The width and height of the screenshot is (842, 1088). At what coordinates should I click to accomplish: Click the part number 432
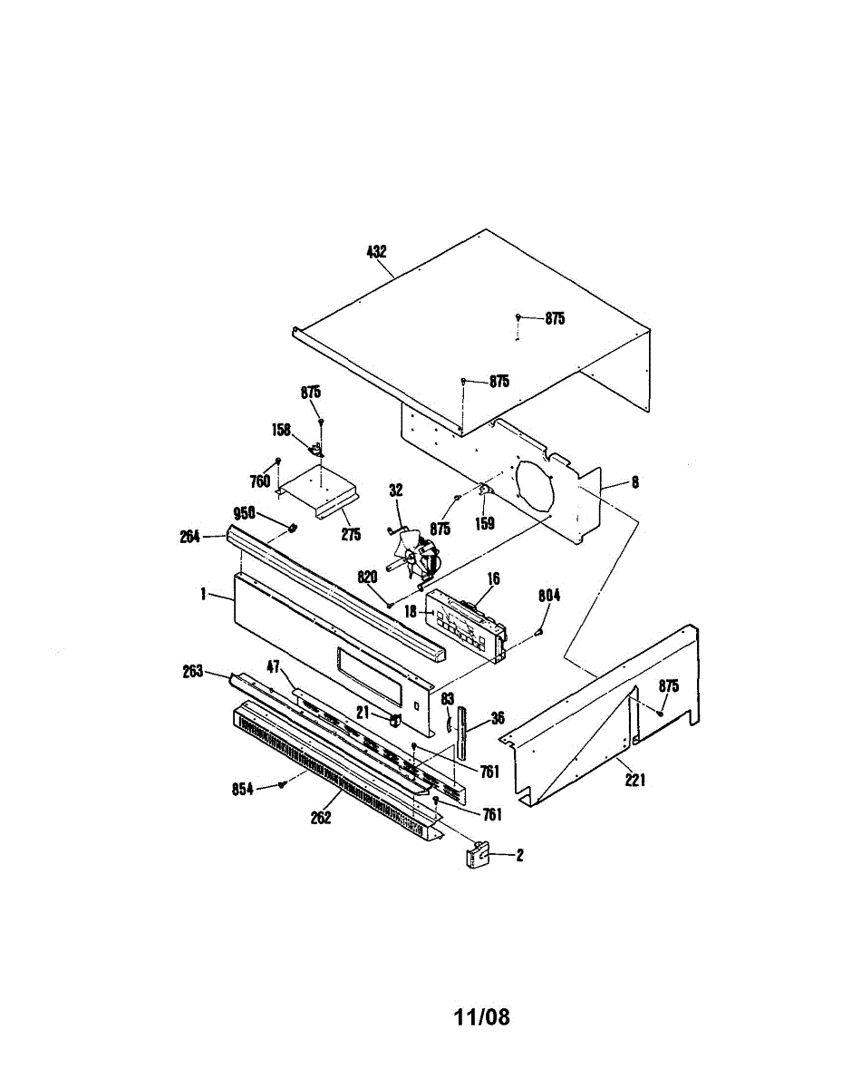[376, 252]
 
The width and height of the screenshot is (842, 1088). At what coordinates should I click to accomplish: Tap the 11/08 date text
[481, 1017]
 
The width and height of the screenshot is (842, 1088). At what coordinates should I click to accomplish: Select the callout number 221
[634, 779]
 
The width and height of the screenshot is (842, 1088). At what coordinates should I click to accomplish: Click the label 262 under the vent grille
[320, 817]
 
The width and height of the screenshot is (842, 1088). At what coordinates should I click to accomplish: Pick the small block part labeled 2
[478, 855]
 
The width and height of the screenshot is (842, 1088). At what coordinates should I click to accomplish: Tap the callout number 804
[549, 596]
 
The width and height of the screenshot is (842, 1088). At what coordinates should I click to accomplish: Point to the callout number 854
[242, 789]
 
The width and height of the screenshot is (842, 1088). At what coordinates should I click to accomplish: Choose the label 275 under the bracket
[351, 535]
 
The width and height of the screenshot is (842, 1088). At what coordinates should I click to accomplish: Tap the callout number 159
[486, 523]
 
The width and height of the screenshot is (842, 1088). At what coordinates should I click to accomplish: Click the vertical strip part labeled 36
[465, 730]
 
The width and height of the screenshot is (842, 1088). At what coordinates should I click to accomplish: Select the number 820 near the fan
[367, 577]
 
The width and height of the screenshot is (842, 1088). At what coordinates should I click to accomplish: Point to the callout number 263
[192, 671]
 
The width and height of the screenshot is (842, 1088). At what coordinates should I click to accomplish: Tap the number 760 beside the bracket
[261, 481]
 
